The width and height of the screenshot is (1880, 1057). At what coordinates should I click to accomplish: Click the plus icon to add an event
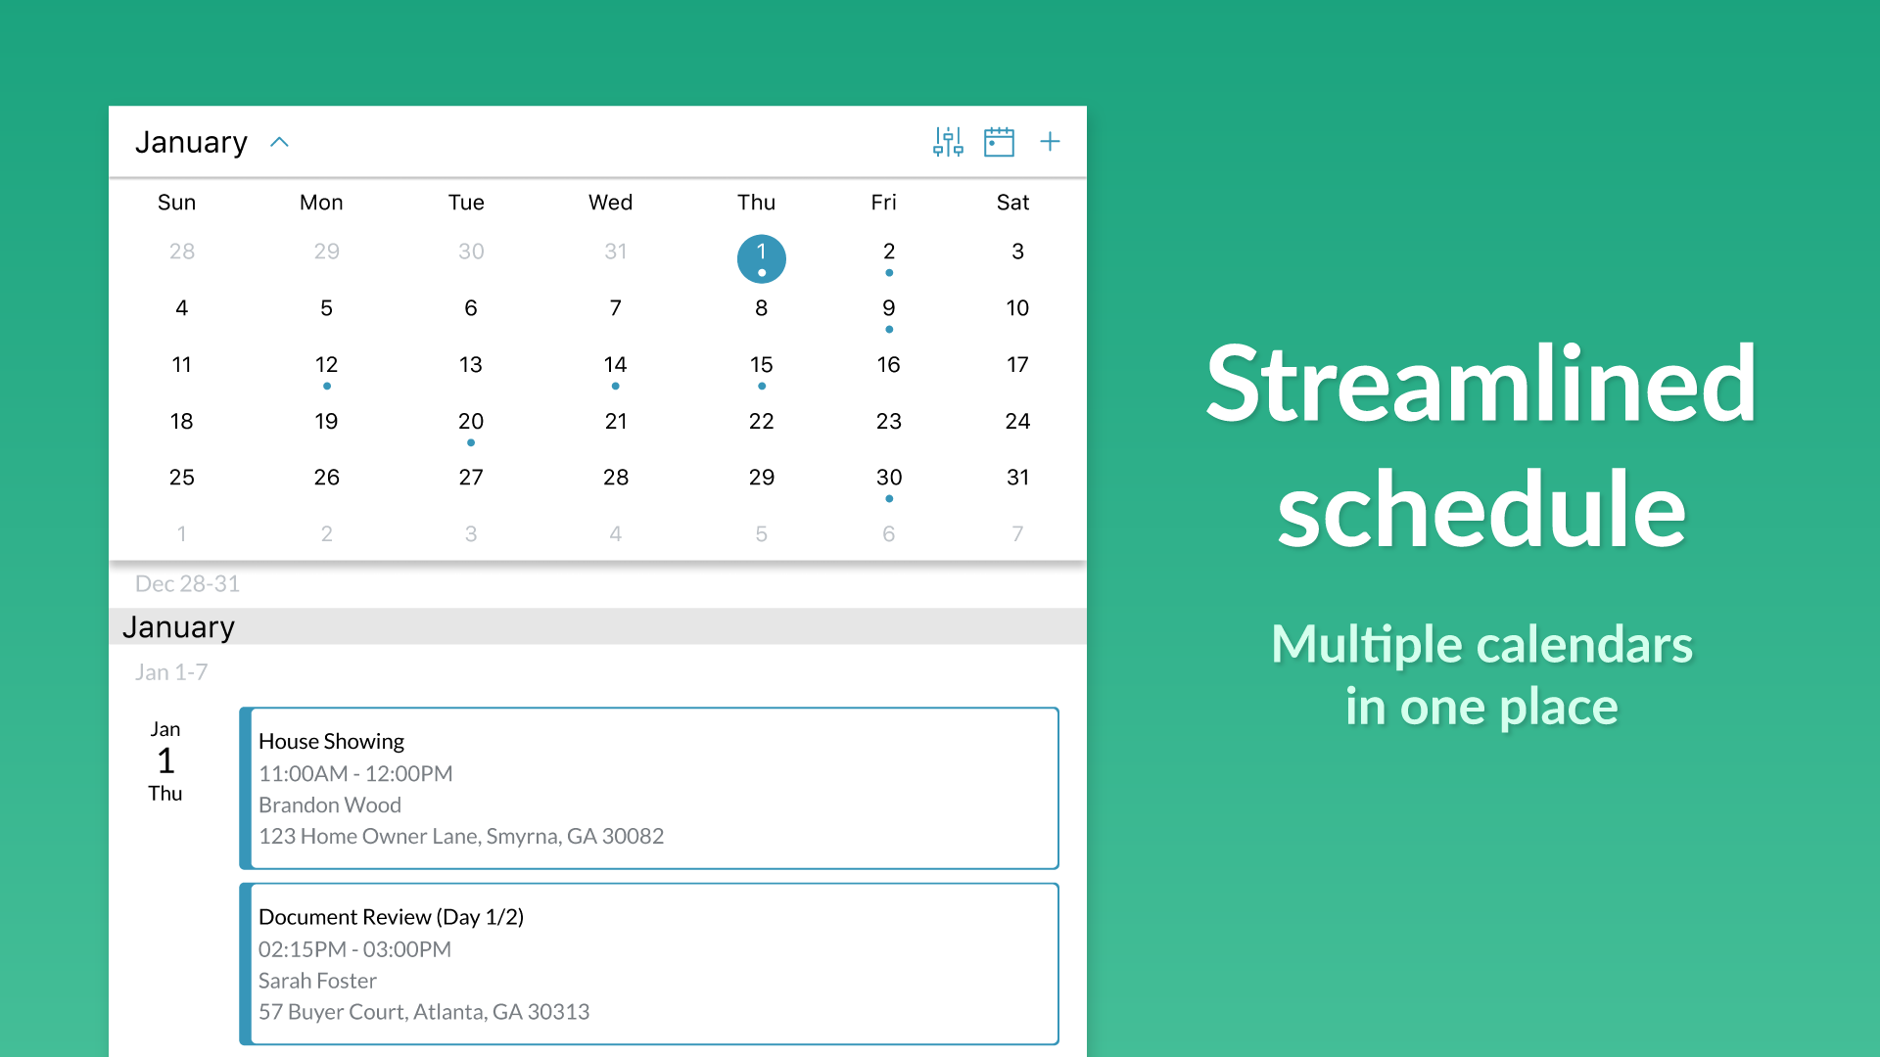tap(1050, 142)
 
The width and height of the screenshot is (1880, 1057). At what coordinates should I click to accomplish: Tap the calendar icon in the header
tap(999, 142)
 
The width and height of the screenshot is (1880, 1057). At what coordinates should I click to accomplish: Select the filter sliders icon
tap(948, 142)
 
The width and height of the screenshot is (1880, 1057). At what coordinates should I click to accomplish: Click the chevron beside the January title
tap(279, 142)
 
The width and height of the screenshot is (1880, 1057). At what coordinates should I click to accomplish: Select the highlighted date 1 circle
tap(761, 258)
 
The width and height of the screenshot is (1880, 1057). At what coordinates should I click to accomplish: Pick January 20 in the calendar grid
tap(471, 422)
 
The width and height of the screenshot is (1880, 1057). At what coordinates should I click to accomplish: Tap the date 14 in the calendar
tap(615, 365)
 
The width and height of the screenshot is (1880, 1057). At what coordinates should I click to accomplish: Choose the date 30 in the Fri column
tap(889, 478)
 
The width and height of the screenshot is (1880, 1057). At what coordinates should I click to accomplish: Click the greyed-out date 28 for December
tap(182, 252)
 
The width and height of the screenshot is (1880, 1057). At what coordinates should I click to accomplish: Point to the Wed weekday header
tap(610, 203)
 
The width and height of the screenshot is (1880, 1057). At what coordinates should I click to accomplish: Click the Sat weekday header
tap(1012, 203)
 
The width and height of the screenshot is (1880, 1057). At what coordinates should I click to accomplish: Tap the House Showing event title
tap(331, 742)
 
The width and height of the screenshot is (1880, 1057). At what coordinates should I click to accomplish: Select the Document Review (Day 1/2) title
tap(391, 917)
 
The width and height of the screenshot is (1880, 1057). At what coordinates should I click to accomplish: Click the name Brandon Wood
tap(330, 804)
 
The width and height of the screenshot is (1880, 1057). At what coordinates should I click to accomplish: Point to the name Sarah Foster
tap(317, 981)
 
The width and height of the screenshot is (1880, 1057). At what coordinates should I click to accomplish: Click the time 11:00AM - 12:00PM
tap(355, 773)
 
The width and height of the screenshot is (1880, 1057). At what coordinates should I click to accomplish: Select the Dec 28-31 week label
tap(187, 584)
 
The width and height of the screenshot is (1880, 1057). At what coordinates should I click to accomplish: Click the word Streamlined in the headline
tap(1481, 385)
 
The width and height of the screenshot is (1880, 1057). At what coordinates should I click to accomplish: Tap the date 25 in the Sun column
tap(182, 478)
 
